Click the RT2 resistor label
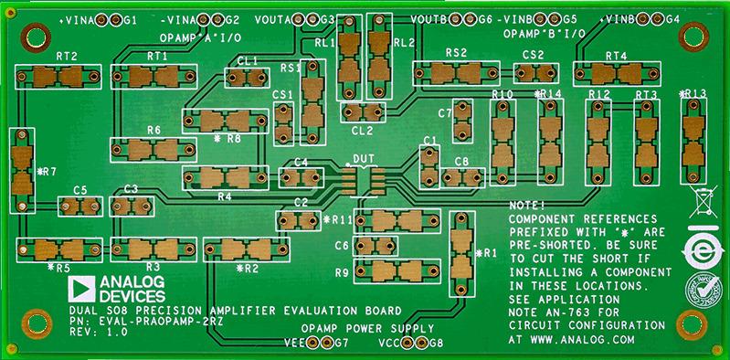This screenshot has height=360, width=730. point(66,57)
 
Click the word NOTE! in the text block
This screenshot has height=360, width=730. point(528,206)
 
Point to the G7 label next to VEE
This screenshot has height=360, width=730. point(341,344)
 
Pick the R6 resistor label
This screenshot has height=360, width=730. point(153,131)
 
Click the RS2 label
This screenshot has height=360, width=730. point(456,54)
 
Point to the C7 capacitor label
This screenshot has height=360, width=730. point(445,113)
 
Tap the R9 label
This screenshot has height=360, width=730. point(342,272)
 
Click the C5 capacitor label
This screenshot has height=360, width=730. point(79,190)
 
